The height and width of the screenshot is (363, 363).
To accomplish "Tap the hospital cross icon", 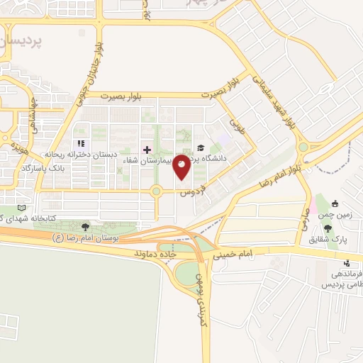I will pyautogui.click(x=147, y=150).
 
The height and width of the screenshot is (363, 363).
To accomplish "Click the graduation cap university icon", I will pyautogui.click(x=201, y=148).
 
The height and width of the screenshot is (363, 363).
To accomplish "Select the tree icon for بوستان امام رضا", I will pyautogui.click(x=86, y=228).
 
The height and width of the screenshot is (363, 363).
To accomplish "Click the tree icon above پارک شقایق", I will pyautogui.click(x=328, y=228).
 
